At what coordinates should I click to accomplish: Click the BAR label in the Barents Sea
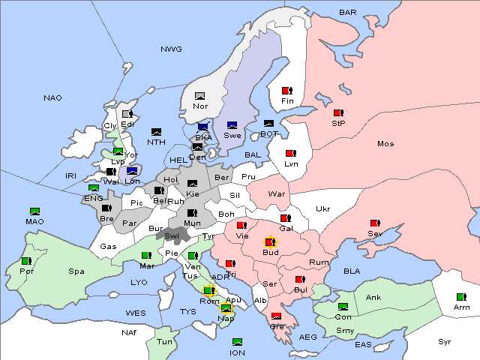347,12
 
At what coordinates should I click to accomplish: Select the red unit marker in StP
337,113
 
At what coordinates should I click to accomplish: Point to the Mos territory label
385,143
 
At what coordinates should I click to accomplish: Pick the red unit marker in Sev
375,223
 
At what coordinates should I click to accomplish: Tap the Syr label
445,341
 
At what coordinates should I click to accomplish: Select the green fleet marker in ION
237,342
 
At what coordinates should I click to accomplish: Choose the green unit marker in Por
26,261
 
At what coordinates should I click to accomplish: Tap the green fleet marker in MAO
34,211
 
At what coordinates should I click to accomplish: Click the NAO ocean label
52,98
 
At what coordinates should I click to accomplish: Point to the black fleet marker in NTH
157,132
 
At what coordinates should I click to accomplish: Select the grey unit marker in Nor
199,95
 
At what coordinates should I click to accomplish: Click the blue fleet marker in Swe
232,125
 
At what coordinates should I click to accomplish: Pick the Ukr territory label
323,208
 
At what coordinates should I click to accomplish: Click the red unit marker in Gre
276,316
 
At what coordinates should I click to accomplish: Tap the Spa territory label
76,271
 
